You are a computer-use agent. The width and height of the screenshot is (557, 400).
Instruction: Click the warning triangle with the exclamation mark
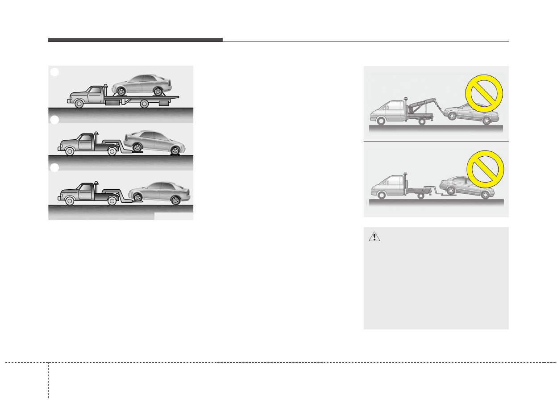374,237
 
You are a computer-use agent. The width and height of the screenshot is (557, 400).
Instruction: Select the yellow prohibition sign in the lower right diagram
485,168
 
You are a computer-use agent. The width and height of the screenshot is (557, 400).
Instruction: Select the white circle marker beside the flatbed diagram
54,72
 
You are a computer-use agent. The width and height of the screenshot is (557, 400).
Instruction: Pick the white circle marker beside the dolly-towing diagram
54,120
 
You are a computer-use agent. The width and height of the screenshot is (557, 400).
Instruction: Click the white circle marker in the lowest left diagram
54,168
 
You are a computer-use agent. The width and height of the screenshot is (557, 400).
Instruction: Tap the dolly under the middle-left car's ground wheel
175,154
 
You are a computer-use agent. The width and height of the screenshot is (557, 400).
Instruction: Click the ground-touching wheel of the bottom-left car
175,200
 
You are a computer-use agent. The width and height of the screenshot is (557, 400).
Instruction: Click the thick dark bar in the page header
135,40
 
